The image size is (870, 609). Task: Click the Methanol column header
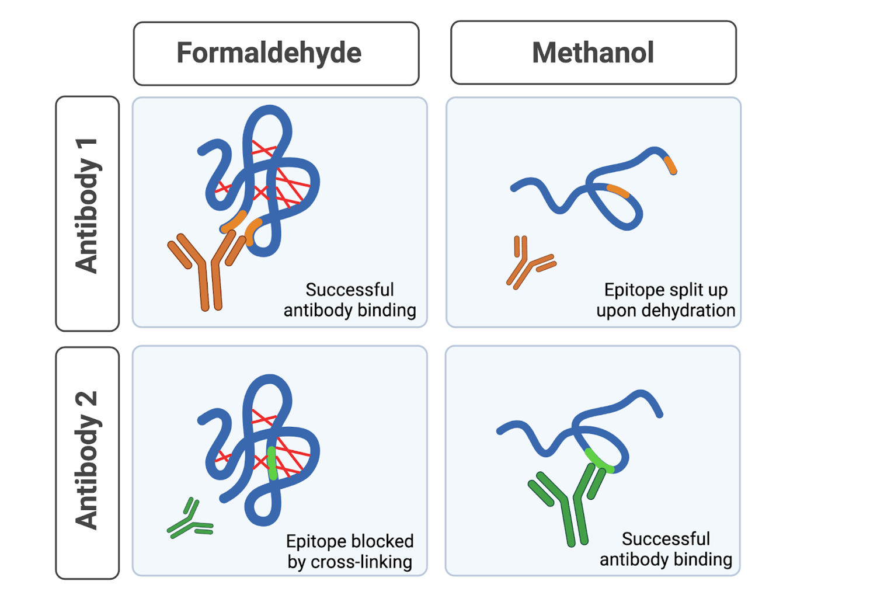point(593,53)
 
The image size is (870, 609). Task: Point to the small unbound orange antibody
point(528,263)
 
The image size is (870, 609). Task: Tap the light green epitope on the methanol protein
point(598,461)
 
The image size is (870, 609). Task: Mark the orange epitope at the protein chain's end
point(670,165)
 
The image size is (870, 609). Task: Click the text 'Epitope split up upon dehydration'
point(666,300)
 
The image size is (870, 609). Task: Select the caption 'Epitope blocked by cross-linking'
point(350,551)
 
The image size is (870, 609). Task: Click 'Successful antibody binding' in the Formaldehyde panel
point(350,300)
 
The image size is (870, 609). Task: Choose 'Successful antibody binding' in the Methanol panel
point(666,549)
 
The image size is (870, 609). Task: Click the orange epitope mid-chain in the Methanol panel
point(618,190)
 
